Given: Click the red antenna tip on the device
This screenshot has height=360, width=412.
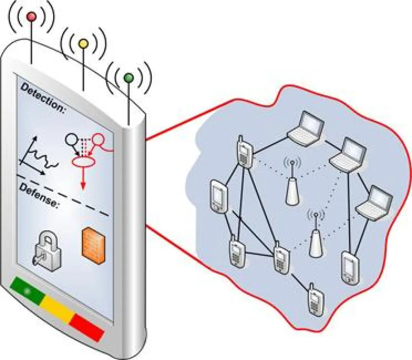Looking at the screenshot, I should [31, 16].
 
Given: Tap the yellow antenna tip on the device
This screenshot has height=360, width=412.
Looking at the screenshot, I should [83, 44].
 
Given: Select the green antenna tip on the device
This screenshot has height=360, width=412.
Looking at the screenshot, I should [128, 78].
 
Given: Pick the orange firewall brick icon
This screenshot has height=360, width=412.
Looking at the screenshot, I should [93, 244].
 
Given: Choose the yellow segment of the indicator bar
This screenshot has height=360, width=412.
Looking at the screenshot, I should [58, 308].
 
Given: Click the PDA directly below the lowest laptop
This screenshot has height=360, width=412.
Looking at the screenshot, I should [349, 267].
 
